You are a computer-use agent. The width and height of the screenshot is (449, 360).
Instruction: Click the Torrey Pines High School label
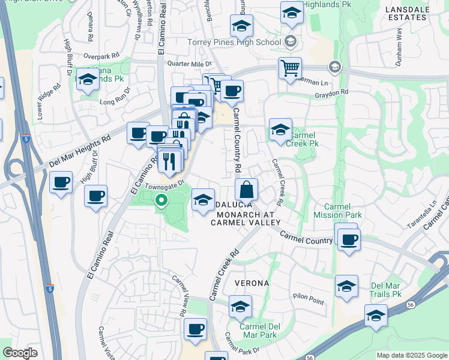tap(234, 42)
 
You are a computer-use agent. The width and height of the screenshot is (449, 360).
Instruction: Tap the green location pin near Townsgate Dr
tap(161, 201)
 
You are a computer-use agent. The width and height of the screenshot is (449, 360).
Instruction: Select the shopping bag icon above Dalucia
tap(246, 190)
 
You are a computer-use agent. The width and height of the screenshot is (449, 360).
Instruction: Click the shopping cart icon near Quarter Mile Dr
tap(290, 69)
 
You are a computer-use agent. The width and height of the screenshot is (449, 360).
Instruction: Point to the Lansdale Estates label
tap(415, 13)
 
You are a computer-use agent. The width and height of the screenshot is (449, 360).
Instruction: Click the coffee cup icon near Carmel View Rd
tap(195, 329)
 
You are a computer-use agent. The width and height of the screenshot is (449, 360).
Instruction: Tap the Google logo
tap(20, 353)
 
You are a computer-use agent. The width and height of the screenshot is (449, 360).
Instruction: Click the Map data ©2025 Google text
tap(411, 355)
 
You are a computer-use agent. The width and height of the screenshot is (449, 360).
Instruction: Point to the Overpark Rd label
tap(98, 57)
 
